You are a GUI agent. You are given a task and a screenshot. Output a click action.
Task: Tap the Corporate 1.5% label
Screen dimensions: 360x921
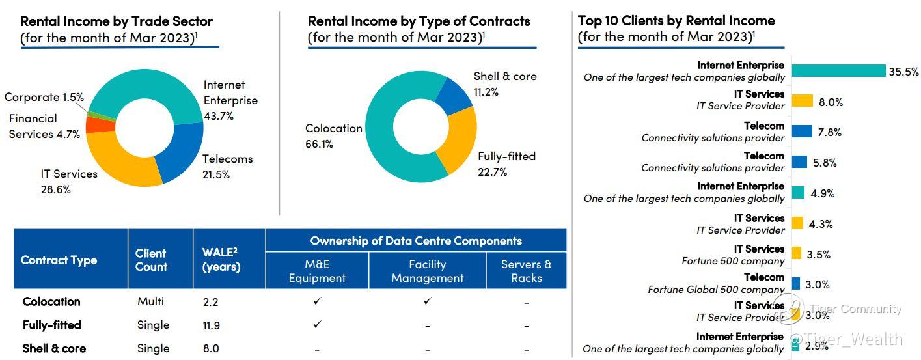(x=44, y=97)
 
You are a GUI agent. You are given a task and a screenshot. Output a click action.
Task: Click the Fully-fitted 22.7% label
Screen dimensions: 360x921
(x=506, y=164)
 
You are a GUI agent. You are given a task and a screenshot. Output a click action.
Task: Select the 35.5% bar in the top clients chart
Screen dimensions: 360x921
(x=838, y=71)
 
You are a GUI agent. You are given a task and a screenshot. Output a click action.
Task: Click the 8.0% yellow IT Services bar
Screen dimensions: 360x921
(x=803, y=101)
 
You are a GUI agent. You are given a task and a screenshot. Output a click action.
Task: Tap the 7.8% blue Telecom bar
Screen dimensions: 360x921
(x=802, y=132)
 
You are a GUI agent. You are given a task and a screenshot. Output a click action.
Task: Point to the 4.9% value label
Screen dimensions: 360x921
(x=822, y=193)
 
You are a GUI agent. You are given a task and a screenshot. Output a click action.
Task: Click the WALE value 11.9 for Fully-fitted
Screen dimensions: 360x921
(x=212, y=324)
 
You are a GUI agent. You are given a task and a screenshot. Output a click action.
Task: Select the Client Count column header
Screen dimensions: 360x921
(x=152, y=260)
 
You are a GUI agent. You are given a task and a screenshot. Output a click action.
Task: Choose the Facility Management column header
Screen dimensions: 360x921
(x=427, y=271)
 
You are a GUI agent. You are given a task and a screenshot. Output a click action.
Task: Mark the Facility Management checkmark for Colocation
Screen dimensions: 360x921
(x=427, y=301)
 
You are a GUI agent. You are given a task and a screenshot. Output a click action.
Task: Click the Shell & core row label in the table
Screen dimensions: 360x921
(x=54, y=348)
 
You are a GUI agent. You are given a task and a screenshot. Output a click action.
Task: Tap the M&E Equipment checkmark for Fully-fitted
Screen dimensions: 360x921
(x=317, y=324)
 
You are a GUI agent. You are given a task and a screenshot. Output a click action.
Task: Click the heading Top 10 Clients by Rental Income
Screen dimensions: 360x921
(x=676, y=21)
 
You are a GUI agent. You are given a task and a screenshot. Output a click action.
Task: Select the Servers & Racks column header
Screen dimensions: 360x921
(x=526, y=271)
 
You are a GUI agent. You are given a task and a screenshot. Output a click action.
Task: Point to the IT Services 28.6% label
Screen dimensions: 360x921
(x=68, y=182)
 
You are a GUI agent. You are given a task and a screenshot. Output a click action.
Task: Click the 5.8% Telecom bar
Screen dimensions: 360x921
(x=799, y=162)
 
